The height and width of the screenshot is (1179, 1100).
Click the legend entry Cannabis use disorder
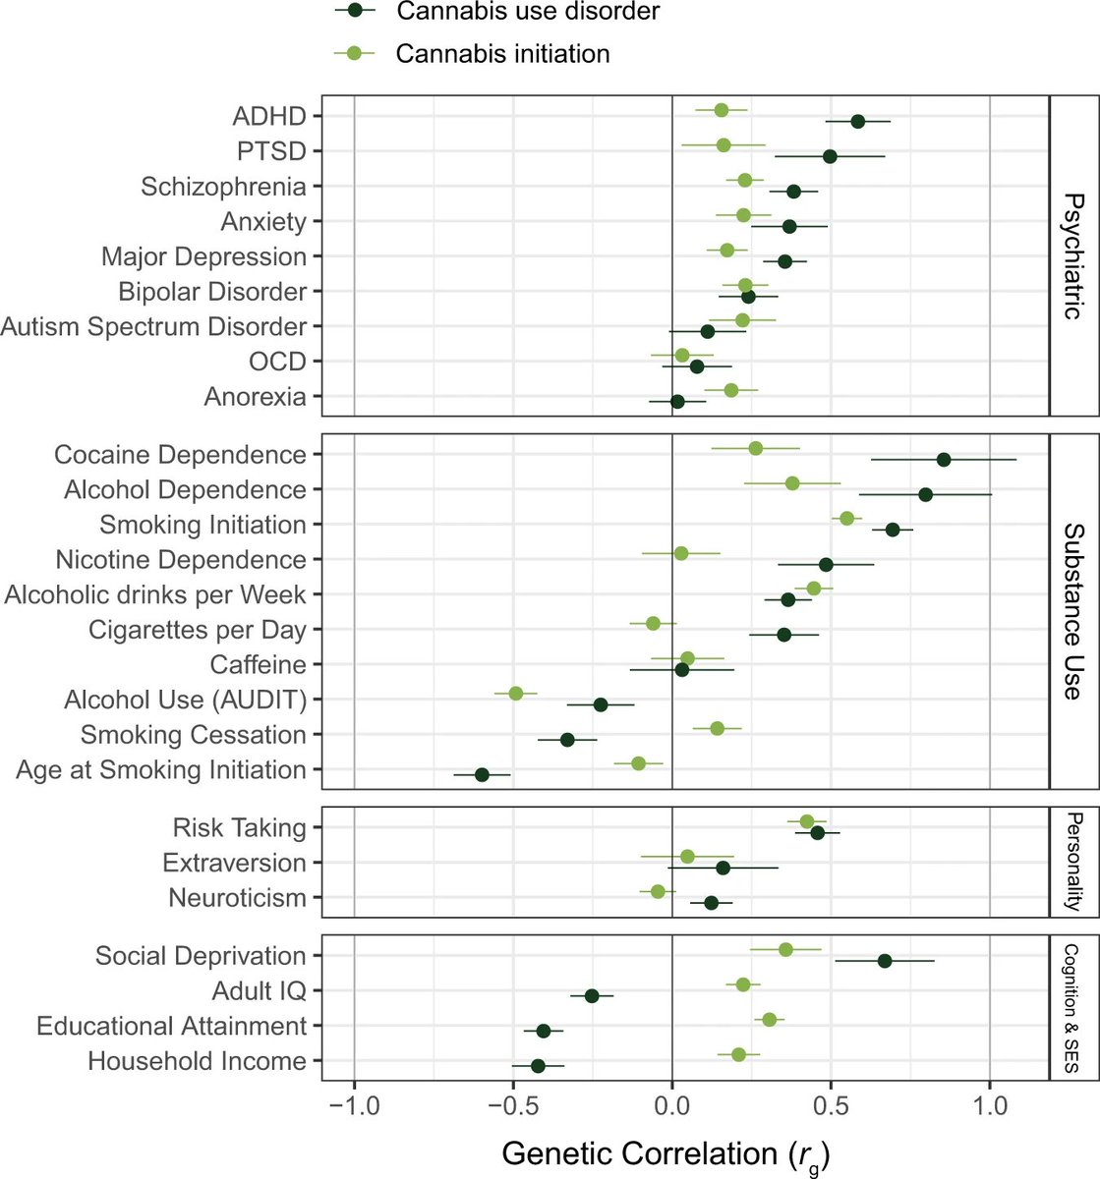(x=496, y=12)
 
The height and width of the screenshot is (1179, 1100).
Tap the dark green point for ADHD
(x=858, y=122)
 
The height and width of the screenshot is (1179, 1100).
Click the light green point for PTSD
(x=724, y=145)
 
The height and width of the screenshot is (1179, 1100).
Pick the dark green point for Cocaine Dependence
(x=944, y=460)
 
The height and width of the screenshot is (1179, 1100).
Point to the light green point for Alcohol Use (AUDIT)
(x=516, y=694)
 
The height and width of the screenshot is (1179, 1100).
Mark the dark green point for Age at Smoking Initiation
(x=482, y=775)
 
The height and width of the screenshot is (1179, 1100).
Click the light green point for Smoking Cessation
(x=717, y=728)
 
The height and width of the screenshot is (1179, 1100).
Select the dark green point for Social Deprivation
(x=885, y=961)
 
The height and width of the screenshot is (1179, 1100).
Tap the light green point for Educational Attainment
(x=770, y=1020)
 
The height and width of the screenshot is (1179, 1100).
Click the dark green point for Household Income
(x=538, y=1066)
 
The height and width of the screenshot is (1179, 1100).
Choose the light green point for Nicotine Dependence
(x=681, y=554)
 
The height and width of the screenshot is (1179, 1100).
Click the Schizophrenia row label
(x=223, y=187)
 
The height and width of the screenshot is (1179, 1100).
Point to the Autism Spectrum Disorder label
(x=153, y=326)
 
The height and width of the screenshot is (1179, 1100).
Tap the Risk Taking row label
(x=239, y=827)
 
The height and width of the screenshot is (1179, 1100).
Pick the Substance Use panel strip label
(x=1074, y=610)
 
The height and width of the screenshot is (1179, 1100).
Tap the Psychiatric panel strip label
(x=1074, y=256)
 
